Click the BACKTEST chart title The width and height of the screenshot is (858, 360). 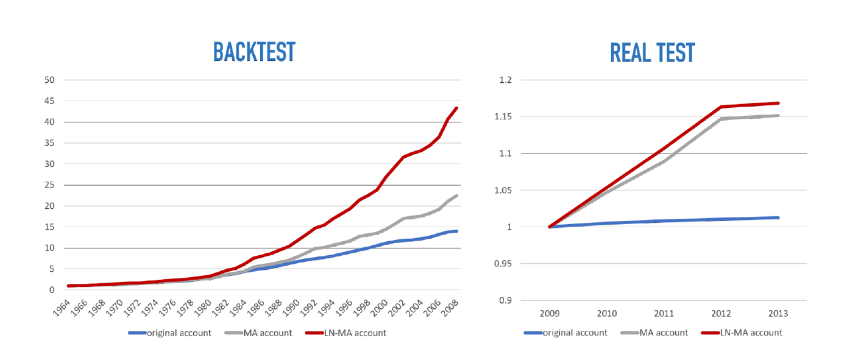[x=254, y=52]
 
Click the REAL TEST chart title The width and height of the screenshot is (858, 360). [x=652, y=53]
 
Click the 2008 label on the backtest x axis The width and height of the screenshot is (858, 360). [x=451, y=307]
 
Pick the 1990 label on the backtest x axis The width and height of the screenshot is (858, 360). [x=293, y=307]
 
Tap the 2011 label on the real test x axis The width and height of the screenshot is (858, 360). [x=664, y=314]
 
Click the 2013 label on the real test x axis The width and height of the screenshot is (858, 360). [x=778, y=314]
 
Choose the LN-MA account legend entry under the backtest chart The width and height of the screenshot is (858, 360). [x=353, y=333]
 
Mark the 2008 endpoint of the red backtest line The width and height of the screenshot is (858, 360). [x=456, y=108]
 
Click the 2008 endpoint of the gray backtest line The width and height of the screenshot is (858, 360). [x=456, y=196]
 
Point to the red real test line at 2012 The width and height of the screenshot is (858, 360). [x=721, y=107]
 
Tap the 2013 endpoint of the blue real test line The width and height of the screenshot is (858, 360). [x=778, y=217]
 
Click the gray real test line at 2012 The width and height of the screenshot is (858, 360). [x=721, y=119]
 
